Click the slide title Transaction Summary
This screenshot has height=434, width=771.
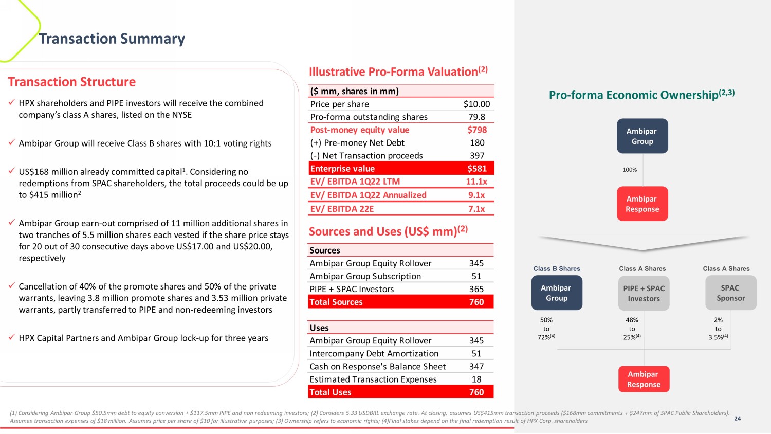112,39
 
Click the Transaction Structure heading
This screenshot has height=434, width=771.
72,82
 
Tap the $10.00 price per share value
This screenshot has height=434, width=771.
476,104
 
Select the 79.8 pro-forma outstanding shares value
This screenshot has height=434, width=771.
476,117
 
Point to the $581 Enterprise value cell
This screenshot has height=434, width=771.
476,169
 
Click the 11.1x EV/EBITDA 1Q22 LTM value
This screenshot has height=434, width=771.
476,182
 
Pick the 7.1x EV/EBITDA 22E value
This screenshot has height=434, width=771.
476,209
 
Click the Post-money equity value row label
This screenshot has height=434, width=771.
360,130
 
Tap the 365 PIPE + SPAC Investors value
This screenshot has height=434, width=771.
476,289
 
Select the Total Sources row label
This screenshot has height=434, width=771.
336,302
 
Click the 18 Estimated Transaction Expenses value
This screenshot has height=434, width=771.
476,379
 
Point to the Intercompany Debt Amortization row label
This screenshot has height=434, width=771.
374,353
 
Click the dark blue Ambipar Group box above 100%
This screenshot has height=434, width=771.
642,136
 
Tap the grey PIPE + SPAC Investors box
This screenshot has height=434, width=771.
644,293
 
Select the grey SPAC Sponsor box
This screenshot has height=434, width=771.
730,293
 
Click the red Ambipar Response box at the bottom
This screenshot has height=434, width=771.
644,379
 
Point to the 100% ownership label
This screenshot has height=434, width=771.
630,170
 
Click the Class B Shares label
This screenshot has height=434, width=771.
557,268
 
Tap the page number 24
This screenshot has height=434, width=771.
737,419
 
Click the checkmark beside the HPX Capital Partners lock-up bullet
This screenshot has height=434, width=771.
11,337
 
